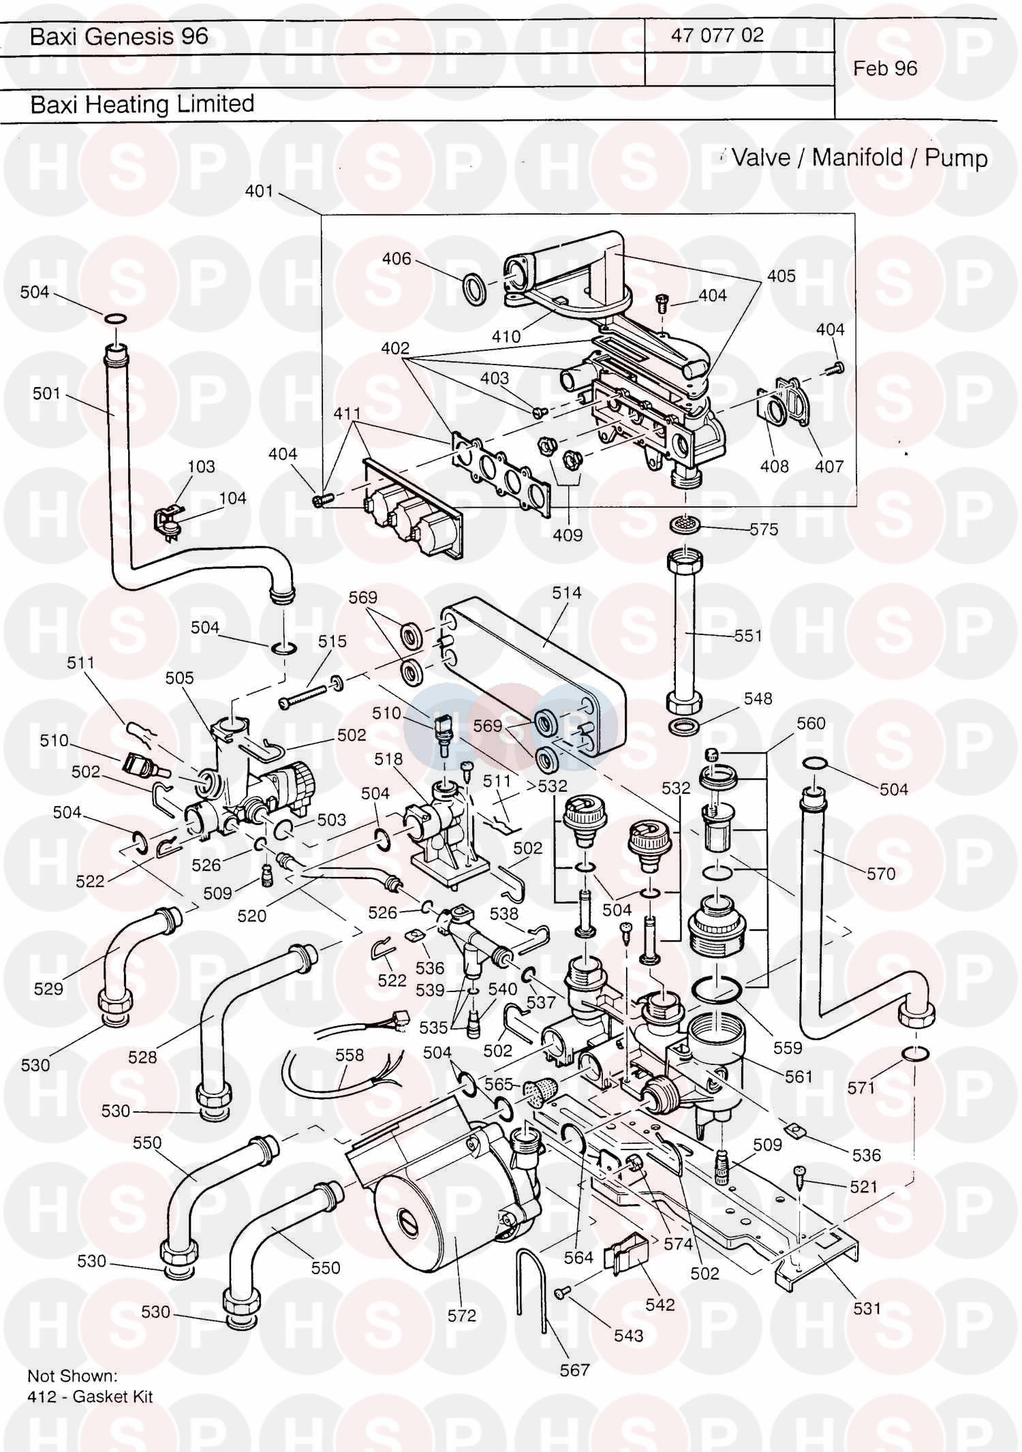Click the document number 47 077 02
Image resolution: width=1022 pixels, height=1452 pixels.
click(717, 35)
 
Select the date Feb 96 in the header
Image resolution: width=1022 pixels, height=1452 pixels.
click(885, 68)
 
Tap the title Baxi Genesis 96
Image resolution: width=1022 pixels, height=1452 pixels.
click(119, 36)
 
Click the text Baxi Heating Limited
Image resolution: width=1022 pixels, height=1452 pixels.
click(142, 104)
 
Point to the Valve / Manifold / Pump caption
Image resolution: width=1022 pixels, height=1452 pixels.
click(859, 158)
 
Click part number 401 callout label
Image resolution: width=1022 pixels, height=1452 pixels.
click(259, 191)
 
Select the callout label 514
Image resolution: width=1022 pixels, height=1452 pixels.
click(566, 593)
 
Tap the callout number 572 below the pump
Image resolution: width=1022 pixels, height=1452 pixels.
click(461, 1315)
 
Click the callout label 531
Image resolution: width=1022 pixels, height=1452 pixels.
click(867, 1308)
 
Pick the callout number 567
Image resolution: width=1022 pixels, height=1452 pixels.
click(574, 1370)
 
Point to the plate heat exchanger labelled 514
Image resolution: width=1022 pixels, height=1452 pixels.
click(525, 675)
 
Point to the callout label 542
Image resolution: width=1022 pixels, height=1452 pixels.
click(660, 1304)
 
